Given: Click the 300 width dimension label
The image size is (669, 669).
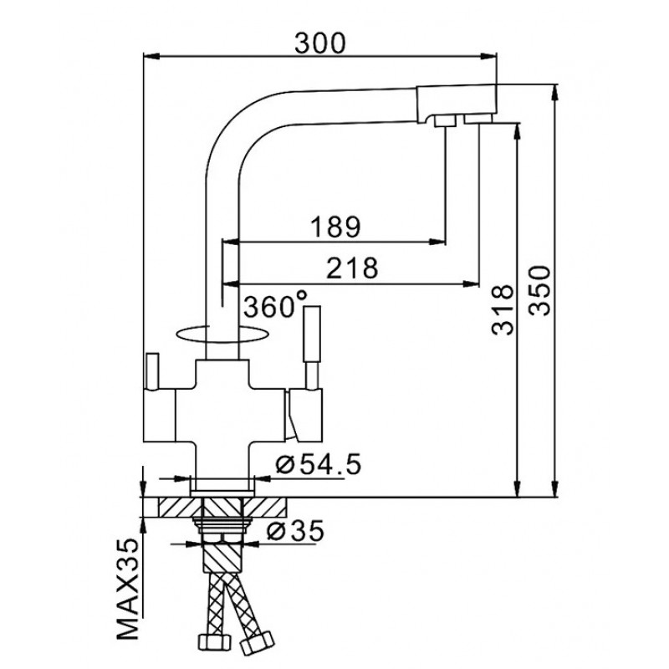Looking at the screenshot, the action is coord(320,43).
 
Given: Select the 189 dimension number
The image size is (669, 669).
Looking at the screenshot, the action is coord(335,227).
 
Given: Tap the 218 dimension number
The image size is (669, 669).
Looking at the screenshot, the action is coord(352,268).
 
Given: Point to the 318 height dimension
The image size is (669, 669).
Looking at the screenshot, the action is coord(503,309).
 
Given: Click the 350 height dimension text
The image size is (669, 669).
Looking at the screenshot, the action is coord(539,291).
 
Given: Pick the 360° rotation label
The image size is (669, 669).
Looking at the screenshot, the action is coord(275,305).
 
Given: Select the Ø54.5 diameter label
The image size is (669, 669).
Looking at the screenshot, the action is coord(319,464).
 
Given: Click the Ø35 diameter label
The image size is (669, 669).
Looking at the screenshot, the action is coord(295,531).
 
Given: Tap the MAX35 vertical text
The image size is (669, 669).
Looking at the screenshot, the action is coord(128,590).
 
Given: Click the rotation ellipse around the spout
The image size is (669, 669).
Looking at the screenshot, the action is coord(222,334).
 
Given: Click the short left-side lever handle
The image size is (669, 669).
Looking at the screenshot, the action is coord(152,371).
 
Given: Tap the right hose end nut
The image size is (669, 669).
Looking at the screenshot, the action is coord(257,643).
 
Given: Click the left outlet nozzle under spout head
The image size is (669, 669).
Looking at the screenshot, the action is coord(445,121).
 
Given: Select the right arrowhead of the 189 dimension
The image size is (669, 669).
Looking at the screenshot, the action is coord(437,242).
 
